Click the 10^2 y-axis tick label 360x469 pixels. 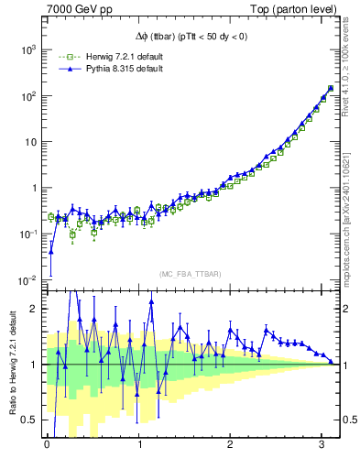(x=27, y=95)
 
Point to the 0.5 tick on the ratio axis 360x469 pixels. (x=31, y=420)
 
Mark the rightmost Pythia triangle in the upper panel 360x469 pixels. (x=330, y=89)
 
